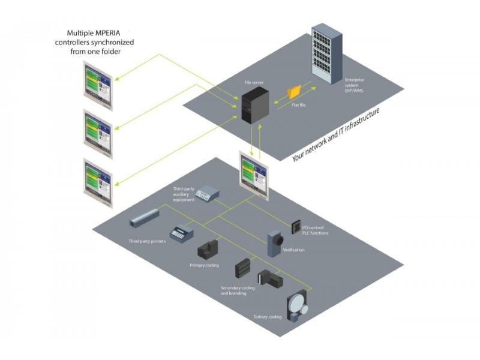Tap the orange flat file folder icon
tap(295, 92)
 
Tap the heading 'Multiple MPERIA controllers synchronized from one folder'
tap(100, 42)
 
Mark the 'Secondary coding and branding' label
tap(237, 291)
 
